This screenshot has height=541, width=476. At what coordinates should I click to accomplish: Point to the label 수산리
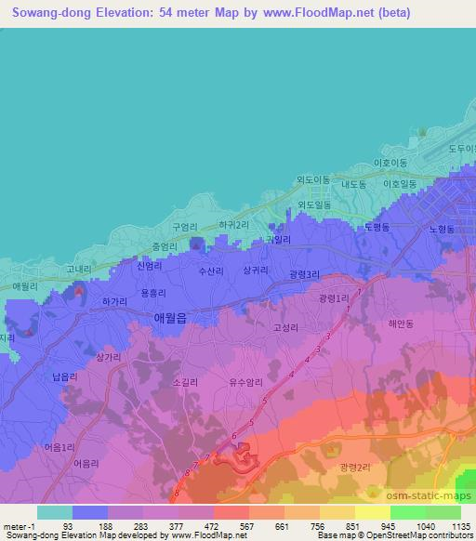coord(211,270)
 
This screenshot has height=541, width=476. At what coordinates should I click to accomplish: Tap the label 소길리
coord(186,381)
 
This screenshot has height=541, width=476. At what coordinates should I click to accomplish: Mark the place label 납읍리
coord(65,376)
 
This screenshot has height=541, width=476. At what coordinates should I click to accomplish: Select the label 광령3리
coord(303,274)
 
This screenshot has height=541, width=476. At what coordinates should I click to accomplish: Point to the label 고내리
coord(79,270)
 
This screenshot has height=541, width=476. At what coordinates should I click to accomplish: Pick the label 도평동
coord(377,227)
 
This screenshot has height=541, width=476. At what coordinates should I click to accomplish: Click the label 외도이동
coord(313,179)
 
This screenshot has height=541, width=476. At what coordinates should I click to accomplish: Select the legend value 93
coord(68,526)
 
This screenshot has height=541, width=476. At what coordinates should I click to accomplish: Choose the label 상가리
coord(110,356)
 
